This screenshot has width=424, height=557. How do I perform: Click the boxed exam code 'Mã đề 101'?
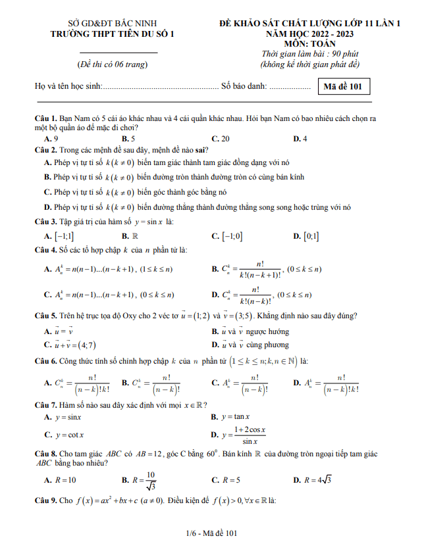click(x=343, y=86)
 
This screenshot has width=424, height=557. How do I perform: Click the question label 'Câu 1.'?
click(x=46, y=118)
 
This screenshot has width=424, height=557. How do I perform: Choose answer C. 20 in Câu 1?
click(x=221, y=139)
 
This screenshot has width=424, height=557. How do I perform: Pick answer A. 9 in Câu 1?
click(x=51, y=139)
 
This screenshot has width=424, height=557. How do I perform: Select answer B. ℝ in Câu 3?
click(x=130, y=235)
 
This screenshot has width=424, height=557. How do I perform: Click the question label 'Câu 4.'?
click(x=46, y=250)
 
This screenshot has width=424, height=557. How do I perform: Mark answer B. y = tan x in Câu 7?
click(x=234, y=417)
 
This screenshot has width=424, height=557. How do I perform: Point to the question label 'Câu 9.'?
click(x=46, y=500)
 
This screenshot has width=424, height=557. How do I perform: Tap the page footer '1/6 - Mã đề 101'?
click(x=211, y=533)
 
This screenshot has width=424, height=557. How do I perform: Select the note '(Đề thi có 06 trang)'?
click(x=112, y=64)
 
